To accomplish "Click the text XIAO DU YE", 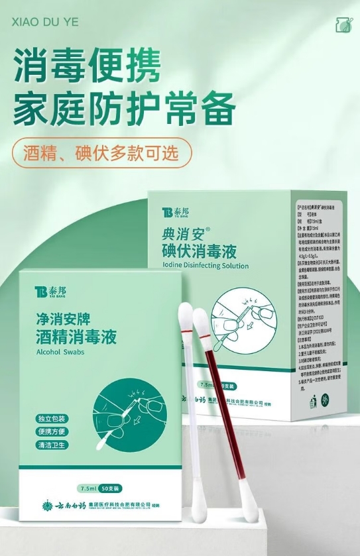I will click(x=45, y=22).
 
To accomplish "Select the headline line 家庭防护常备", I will click(x=125, y=108).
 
